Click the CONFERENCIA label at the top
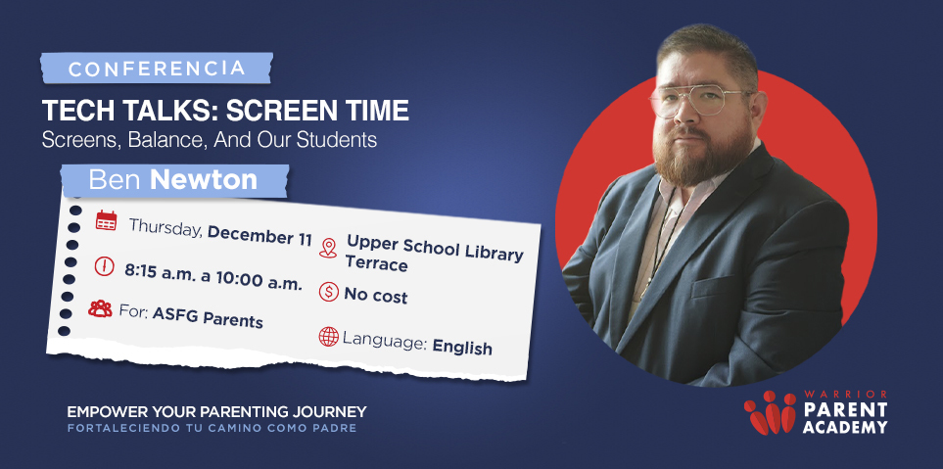click(158, 69)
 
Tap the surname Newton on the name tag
click(204, 179)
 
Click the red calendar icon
click(106, 220)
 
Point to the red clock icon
click(104, 266)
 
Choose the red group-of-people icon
click(100, 309)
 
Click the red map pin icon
click(328, 249)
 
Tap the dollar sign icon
click(329, 292)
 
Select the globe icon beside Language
click(329, 337)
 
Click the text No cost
click(376, 295)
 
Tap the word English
click(462, 347)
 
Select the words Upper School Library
click(435, 248)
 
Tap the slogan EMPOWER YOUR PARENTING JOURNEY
click(216, 412)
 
